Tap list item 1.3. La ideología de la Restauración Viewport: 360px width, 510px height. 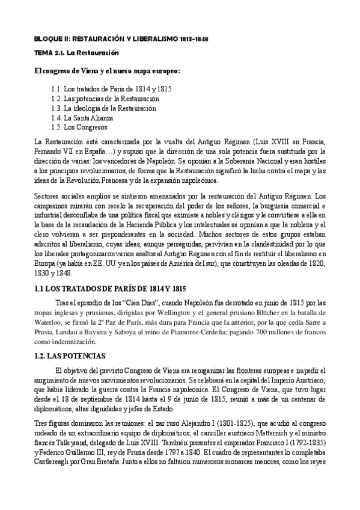point(103,108)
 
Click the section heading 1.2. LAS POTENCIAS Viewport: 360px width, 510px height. point(70,355)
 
